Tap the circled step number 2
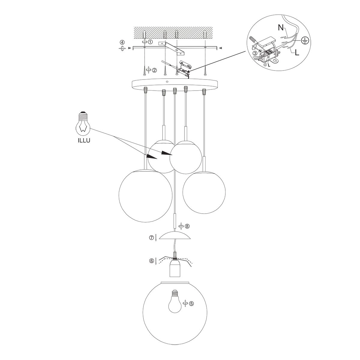click(154, 70)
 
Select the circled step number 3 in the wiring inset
click(255, 53)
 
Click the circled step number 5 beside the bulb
click(191, 303)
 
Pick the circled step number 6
click(151, 261)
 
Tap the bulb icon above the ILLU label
click(83, 124)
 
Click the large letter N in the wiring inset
click(280, 28)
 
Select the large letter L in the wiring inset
click(297, 53)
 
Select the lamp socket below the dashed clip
click(174, 268)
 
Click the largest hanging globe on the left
click(145, 196)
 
